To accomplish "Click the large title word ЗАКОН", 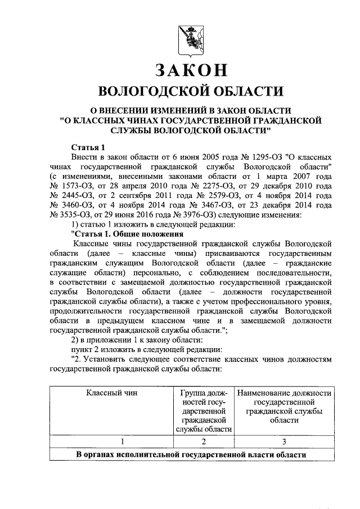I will (x=191, y=70).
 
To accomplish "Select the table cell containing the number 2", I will (x=204, y=442).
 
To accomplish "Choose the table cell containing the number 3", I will (x=284, y=442).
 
